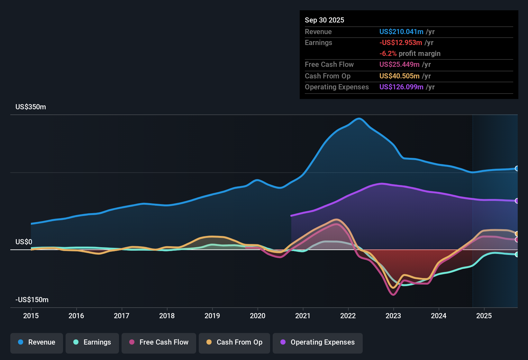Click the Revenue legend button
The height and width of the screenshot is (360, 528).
37,342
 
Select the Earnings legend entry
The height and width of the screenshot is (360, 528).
92,342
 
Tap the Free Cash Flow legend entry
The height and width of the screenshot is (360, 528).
159,342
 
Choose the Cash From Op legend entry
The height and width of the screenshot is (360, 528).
234,342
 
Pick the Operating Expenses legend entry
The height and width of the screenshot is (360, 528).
318,342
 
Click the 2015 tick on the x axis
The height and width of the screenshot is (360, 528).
31,316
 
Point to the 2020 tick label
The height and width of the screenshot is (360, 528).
258,316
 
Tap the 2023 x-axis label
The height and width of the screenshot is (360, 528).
393,316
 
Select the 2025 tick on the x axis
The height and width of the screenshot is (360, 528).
484,316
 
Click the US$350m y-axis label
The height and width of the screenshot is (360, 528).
31,107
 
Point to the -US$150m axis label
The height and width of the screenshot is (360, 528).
32,300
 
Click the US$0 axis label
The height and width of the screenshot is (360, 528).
24,242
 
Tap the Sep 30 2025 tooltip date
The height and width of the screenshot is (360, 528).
324,20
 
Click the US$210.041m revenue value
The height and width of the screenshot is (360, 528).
401,32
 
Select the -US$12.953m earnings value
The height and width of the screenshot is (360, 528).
400,43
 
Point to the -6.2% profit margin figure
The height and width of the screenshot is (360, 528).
388,54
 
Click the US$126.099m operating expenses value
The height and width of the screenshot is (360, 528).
401,87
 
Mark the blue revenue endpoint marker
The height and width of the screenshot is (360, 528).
517,168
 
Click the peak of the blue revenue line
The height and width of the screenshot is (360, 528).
359,119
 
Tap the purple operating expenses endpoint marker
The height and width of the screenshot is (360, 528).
517,201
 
